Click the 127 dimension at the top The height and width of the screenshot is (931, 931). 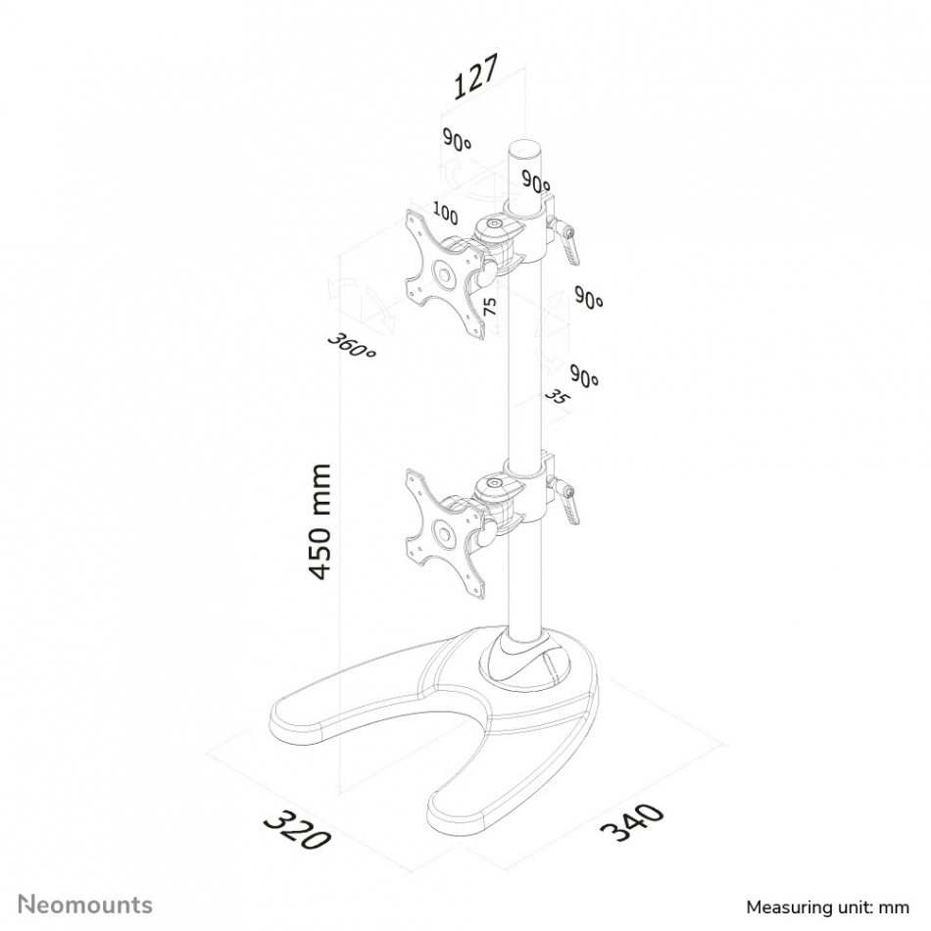[475, 76]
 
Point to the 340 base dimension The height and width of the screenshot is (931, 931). [631, 822]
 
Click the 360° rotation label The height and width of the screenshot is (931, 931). [352, 346]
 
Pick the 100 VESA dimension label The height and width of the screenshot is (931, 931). [445, 214]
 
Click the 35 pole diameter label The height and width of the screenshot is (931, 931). [556, 397]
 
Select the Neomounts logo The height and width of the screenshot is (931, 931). [85, 905]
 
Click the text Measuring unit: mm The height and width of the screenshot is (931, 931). [828, 907]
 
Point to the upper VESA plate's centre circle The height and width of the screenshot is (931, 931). [443, 275]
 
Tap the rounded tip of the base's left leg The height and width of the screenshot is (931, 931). [285, 722]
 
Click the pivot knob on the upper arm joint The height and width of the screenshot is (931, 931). [493, 224]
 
